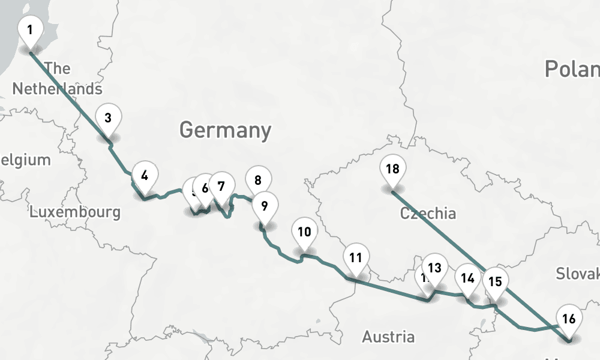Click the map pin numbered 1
30,29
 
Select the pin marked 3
108,118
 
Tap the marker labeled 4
145,176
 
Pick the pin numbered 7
221,187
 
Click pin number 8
258,180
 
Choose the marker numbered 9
264,206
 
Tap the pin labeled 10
304,232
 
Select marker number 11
356,259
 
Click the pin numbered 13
435,268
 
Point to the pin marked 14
468,278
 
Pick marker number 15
495,281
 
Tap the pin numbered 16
569,319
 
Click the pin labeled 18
392,169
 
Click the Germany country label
225,130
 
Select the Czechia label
428,213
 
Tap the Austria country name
388,337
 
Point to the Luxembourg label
75,212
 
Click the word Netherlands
57,89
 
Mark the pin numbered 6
205,188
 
